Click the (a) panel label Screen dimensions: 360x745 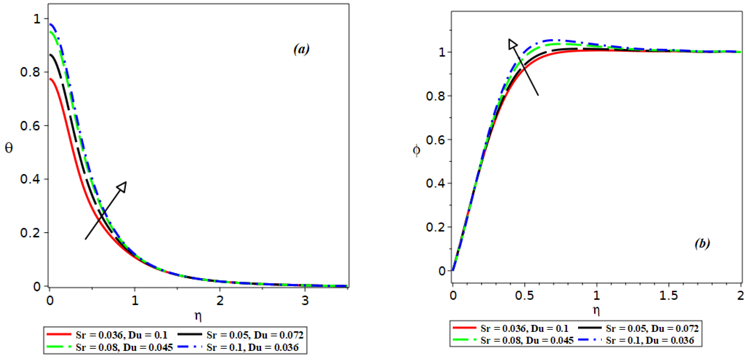coord(301,49)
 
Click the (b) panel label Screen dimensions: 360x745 coord(702,244)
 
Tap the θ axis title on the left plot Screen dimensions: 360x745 coord(9,148)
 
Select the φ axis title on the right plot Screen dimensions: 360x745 coord(417,150)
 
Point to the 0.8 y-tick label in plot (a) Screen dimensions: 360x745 coord(30,72)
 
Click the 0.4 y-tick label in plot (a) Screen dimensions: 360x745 coord(30,179)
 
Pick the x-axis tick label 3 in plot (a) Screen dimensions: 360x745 coord(305,301)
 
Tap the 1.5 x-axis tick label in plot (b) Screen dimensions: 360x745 coord(668,295)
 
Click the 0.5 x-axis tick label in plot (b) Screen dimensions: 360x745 coord(524,295)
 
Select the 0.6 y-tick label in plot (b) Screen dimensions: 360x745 coord(435,140)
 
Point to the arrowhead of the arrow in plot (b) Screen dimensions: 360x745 coord(512,44)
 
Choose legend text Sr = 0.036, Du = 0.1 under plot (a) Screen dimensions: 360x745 coord(121,335)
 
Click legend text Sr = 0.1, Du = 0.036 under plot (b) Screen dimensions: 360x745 coord(650,340)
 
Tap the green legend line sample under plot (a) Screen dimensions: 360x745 coord(59,347)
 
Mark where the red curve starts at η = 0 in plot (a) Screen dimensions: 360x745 coord(50,79)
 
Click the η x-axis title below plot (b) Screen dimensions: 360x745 coord(596,310)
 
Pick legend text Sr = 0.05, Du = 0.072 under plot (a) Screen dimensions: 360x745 coord(255,335)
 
